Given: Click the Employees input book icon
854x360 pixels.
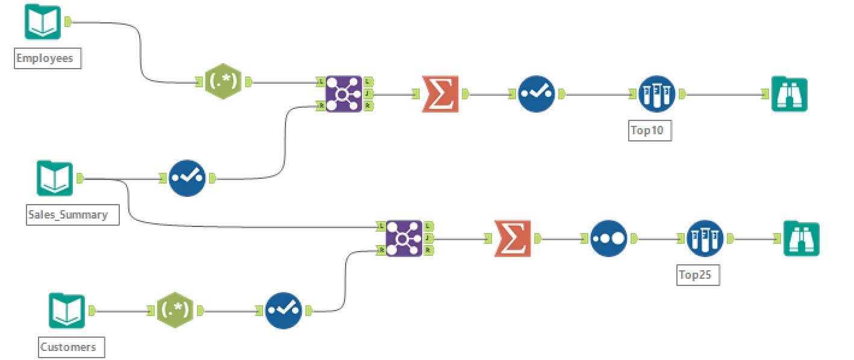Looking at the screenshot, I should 42,22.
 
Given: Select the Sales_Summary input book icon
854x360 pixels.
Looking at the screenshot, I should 54,178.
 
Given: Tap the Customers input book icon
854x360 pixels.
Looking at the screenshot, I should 67,311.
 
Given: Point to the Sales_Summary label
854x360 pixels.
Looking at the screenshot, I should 67,214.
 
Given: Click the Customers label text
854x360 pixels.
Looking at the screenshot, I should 68,347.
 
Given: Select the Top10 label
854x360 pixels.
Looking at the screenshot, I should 649,131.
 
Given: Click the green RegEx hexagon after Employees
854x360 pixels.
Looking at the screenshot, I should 222,82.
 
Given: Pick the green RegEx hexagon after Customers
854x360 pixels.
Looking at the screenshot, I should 175,311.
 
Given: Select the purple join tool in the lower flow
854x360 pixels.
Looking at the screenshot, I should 404,238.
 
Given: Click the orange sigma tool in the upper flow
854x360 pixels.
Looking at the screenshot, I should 440,94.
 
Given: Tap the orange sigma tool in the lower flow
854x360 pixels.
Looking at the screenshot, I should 512,238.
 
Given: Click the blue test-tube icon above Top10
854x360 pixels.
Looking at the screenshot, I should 657,94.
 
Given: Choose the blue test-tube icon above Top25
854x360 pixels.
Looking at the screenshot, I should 705,238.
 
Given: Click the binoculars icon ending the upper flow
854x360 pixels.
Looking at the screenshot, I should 789,94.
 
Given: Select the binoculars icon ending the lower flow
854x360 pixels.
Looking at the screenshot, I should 801,238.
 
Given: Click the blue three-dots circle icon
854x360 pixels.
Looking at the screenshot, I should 608,238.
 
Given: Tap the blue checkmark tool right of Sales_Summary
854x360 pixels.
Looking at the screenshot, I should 187,178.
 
